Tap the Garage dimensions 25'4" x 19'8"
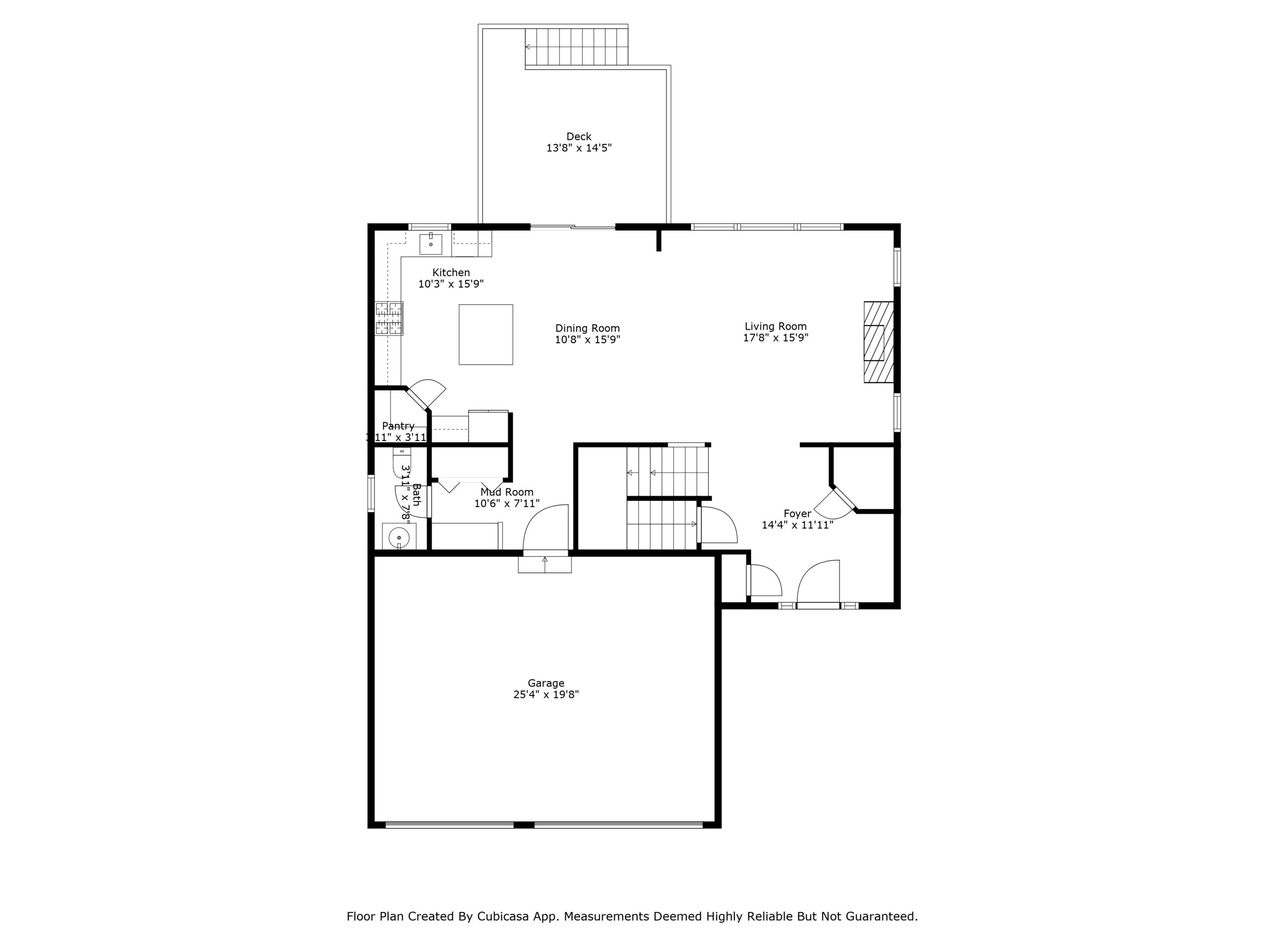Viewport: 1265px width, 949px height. [546, 694]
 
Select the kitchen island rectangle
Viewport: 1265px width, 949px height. [486, 335]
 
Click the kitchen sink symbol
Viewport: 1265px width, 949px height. [430, 244]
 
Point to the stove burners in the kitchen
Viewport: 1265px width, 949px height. [389, 318]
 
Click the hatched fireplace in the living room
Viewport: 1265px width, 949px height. [878, 342]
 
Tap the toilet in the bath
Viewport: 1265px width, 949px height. [401, 462]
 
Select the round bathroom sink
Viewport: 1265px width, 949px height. [399, 538]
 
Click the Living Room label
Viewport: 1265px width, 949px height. [775, 327]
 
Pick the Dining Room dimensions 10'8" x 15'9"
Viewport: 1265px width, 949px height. [588, 340]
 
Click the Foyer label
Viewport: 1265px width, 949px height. [797, 514]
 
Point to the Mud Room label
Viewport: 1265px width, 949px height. [506, 492]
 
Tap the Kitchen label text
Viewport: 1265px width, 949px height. [451, 273]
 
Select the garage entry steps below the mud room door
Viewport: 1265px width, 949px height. [545, 564]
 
